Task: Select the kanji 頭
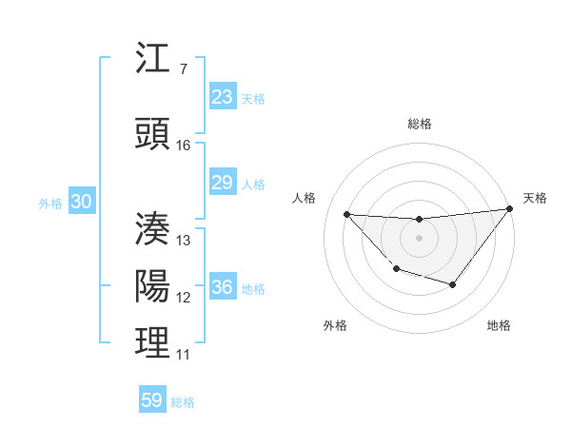coord(153,134)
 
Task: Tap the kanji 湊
coord(153,228)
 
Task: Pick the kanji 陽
coord(153,286)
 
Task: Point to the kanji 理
coord(153,343)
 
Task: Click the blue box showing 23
coord(223,97)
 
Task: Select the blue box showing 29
coord(223,183)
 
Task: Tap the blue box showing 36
coord(223,287)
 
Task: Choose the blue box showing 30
coord(81,202)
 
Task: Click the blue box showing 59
coord(152,400)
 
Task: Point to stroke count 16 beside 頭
coord(184,146)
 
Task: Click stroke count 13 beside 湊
coord(184,240)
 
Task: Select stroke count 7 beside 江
coord(183,69)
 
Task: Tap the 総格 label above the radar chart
coord(420,124)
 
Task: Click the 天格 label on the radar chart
coord(535,198)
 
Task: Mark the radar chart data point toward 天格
coord(509,208)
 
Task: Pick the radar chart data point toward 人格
coord(346,214)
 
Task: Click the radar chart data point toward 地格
coord(453,284)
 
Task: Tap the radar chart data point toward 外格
coord(396,270)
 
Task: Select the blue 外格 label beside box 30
coord(49,203)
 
